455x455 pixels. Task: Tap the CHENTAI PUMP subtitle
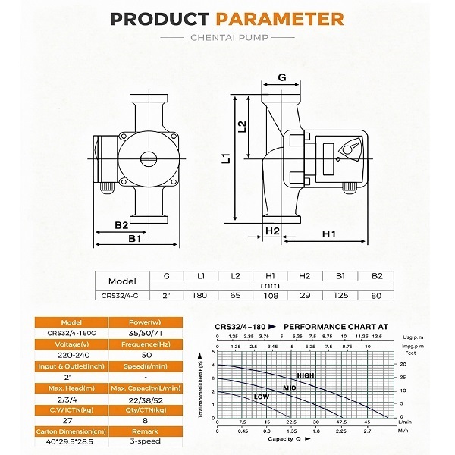[227, 39]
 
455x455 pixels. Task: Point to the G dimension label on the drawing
[282, 77]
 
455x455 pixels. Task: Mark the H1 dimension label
[328, 234]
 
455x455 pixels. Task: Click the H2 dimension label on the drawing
[273, 231]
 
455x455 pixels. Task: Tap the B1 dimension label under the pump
[135, 238]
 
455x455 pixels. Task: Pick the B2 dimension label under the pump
[121, 225]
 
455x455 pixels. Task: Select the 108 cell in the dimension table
[269, 296]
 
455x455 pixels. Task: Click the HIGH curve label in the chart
[305, 375]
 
